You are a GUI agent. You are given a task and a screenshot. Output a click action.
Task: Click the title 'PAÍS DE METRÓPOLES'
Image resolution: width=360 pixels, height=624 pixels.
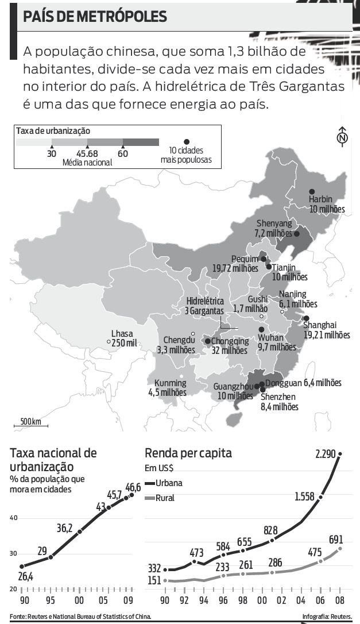(x=95, y=17)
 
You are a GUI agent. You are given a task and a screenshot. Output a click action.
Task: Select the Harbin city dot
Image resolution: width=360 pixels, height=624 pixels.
(x=312, y=191)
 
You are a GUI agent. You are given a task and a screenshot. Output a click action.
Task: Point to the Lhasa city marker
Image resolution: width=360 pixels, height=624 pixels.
(x=109, y=342)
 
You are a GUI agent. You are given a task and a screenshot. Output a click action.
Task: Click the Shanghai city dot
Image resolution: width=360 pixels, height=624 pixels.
(x=306, y=318)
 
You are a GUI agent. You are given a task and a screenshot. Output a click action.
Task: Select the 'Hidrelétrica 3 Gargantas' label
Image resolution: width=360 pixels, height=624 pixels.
(x=204, y=306)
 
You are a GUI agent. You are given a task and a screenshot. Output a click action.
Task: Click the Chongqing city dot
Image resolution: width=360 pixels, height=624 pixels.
(x=207, y=341)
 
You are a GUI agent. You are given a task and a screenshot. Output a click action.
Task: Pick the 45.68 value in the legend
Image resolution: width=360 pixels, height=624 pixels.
(x=87, y=154)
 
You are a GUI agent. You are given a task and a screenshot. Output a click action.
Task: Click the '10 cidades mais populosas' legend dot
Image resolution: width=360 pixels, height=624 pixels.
(x=186, y=141)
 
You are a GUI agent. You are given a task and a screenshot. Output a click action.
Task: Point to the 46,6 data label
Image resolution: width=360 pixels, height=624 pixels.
(x=133, y=487)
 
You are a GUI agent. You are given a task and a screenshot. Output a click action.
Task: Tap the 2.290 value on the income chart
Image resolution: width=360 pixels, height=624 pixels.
(x=326, y=454)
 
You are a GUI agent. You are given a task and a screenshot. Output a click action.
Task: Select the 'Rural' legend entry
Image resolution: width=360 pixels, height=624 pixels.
(x=165, y=498)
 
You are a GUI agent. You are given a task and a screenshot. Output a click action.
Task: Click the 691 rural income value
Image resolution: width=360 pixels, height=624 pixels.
(x=336, y=540)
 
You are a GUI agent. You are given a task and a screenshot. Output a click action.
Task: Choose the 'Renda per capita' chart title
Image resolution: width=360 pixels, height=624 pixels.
(x=188, y=453)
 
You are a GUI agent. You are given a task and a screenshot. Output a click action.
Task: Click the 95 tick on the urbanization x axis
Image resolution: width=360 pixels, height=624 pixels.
(x=51, y=601)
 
